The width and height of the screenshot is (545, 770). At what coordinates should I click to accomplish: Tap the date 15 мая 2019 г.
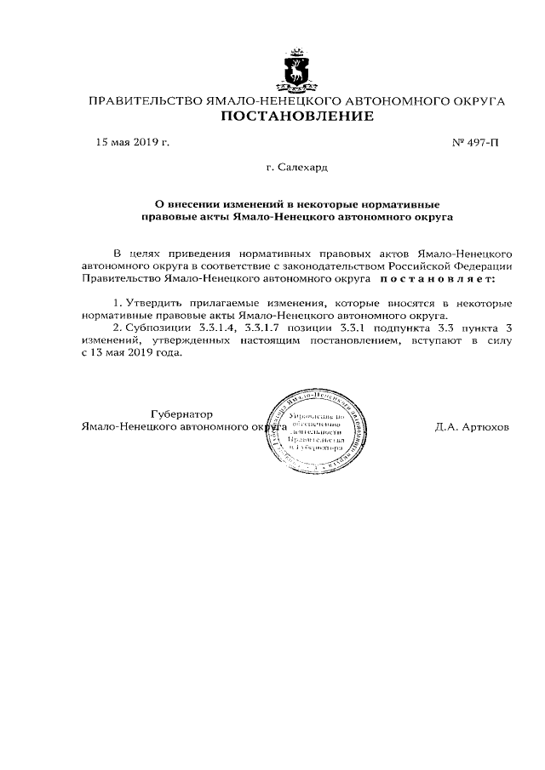tap(132, 142)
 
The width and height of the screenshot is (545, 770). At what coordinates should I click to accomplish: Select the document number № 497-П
tap(475, 142)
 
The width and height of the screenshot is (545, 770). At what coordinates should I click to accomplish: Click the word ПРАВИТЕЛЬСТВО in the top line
tap(146, 101)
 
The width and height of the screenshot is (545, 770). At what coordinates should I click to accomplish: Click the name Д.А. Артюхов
tap(471, 426)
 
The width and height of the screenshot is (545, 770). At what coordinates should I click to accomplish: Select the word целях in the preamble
tap(153, 254)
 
